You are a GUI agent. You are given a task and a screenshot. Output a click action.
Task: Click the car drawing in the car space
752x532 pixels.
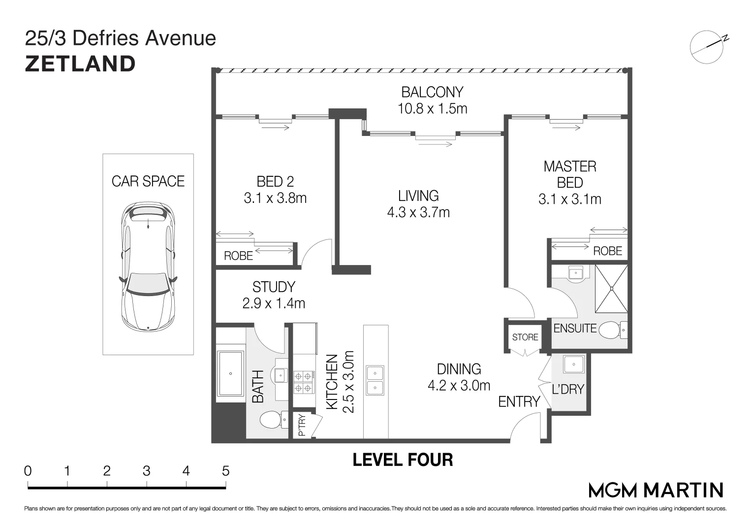point(148,267)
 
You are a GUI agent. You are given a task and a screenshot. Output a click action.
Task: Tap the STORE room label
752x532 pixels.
point(525,337)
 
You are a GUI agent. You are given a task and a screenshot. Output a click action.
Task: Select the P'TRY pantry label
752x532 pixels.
point(302,425)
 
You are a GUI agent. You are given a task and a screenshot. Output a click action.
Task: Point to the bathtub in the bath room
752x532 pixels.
point(230,373)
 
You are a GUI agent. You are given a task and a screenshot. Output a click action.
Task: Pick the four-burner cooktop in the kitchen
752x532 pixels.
point(304,382)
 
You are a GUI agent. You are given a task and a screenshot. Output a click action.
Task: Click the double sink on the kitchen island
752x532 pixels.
point(376,380)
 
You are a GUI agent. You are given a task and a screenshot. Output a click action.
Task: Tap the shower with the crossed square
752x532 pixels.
point(611,289)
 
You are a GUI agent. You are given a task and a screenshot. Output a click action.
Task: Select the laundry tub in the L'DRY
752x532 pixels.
point(574,365)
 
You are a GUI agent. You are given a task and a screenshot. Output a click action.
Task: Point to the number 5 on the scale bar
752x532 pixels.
point(225,471)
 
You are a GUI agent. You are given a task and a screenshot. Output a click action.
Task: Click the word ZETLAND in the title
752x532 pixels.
point(80,64)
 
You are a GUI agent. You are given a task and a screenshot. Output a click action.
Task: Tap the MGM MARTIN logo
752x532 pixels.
point(656,490)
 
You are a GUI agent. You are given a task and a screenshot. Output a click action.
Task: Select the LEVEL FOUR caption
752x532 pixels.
point(403,460)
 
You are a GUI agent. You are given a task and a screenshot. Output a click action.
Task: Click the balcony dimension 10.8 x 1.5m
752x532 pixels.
point(433,108)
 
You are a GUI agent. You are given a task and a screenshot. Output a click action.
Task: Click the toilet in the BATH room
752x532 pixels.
point(274,420)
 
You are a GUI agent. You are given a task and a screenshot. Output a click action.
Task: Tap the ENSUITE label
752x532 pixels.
point(575,328)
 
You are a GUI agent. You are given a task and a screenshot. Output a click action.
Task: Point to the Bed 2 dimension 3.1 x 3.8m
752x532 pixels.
point(275,198)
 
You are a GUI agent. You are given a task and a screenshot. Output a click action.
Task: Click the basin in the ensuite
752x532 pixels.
point(576,273)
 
